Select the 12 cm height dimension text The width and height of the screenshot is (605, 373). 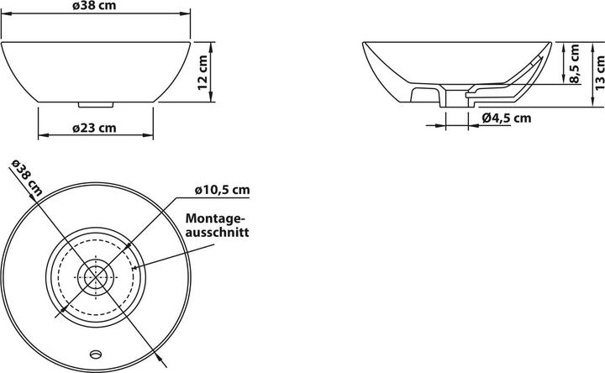[x=203, y=73]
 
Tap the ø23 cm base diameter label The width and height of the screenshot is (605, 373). [x=94, y=128]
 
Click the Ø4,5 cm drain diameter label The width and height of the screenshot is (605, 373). [x=507, y=118]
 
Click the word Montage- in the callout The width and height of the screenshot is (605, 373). [x=216, y=217]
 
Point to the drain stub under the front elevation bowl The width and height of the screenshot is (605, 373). [x=96, y=106]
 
